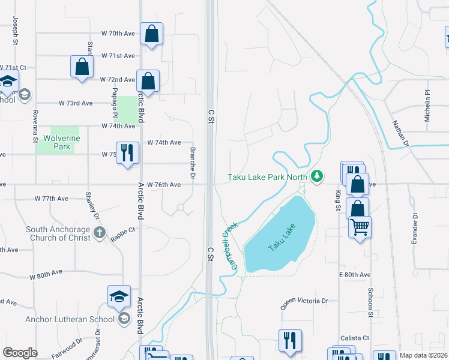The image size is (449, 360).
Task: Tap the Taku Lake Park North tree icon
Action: point(317,176)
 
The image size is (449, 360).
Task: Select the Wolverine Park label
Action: point(57,142)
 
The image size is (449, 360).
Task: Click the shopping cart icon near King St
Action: point(360,227)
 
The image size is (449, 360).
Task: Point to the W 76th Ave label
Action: point(164,185)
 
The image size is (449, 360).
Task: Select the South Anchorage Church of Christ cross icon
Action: point(100,232)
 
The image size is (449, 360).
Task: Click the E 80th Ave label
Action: point(354,274)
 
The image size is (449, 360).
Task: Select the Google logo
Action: point(20,353)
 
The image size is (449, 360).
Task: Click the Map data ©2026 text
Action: point(423,355)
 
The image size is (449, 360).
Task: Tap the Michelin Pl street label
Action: point(428,106)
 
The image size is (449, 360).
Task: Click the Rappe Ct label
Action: point(122,230)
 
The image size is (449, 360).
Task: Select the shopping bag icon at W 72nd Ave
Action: point(148,81)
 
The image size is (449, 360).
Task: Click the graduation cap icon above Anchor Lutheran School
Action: point(119,296)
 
